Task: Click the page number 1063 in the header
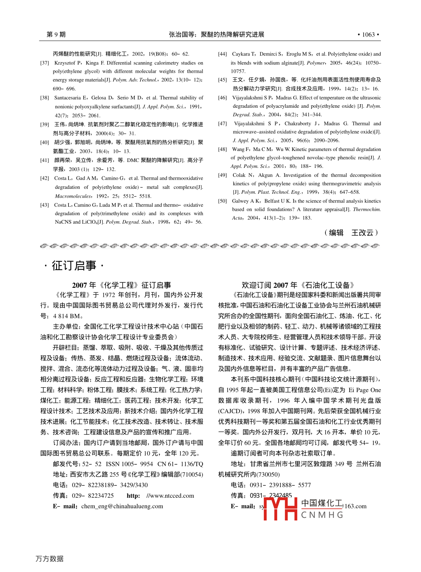368,35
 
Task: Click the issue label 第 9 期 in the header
56,35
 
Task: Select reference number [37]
45,63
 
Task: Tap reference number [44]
222,54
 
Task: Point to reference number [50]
222,201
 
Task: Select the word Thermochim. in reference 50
367,210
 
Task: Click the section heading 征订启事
74,266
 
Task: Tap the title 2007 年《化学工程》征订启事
121,285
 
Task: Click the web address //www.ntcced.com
170,496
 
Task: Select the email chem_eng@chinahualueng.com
122,506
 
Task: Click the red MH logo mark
280,509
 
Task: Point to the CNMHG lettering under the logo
322,515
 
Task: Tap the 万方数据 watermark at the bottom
50,559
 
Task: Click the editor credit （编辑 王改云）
351,233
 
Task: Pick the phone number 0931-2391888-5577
280,486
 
